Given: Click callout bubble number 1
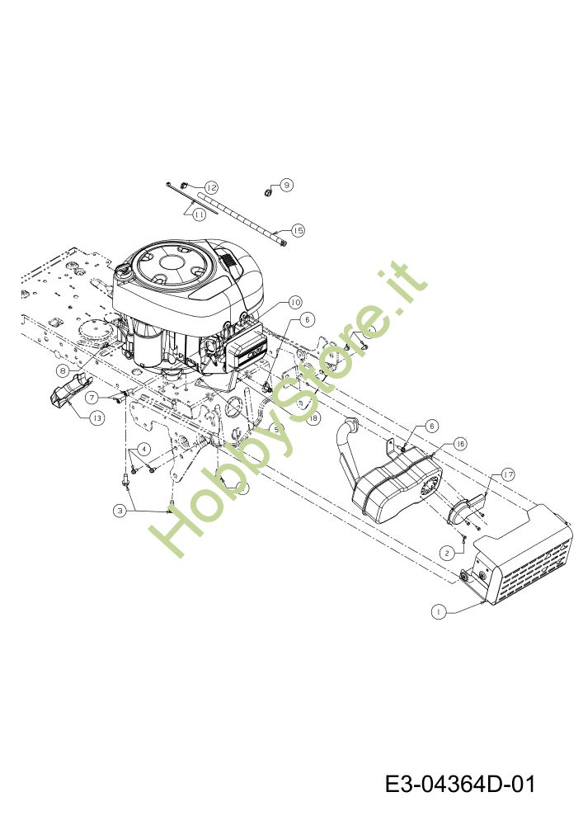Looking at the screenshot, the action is click(439, 611).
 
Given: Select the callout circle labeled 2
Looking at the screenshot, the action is click(446, 552).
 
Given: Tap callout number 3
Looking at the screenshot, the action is click(120, 511).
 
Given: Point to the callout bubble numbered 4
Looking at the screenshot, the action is click(143, 449).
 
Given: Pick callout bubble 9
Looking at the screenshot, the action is click(286, 185).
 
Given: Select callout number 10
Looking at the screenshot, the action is click(294, 302).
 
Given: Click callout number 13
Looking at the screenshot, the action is click(97, 418).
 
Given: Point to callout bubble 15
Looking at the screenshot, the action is click(298, 230).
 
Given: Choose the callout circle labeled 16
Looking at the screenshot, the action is click(459, 444).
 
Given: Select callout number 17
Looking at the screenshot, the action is click(507, 474).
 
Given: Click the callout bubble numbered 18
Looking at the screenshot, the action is click(312, 418).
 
